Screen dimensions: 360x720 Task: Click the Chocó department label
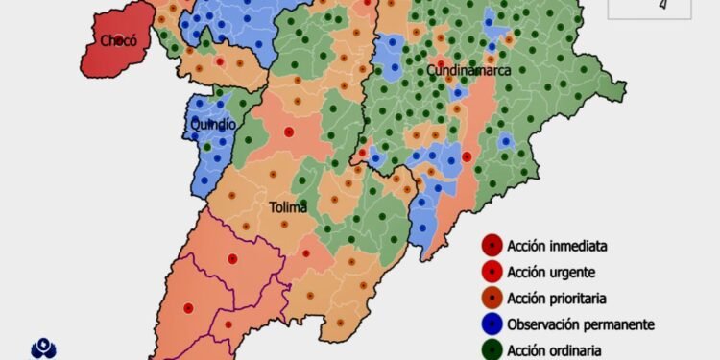pyautogui.click(x=120, y=40)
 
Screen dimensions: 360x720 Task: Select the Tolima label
pyautogui.click(x=288, y=206)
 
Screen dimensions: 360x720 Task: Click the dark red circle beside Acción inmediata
pyautogui.click(x=492, y=246)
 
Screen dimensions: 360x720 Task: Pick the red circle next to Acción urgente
pyautogui.click(x=492, y=272)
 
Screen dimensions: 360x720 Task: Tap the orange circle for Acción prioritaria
pyautogui.click(x=492, y=299)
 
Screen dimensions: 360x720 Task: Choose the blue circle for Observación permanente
pyautogui.click(x=492, y=324)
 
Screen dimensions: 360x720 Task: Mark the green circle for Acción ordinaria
pyautogui.click(x=492, y=349)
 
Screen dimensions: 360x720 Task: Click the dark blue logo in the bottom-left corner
pyautogui.click(x=44, y=348)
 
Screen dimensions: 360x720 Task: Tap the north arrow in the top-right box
pyautogui.click(x=661, y=5)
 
